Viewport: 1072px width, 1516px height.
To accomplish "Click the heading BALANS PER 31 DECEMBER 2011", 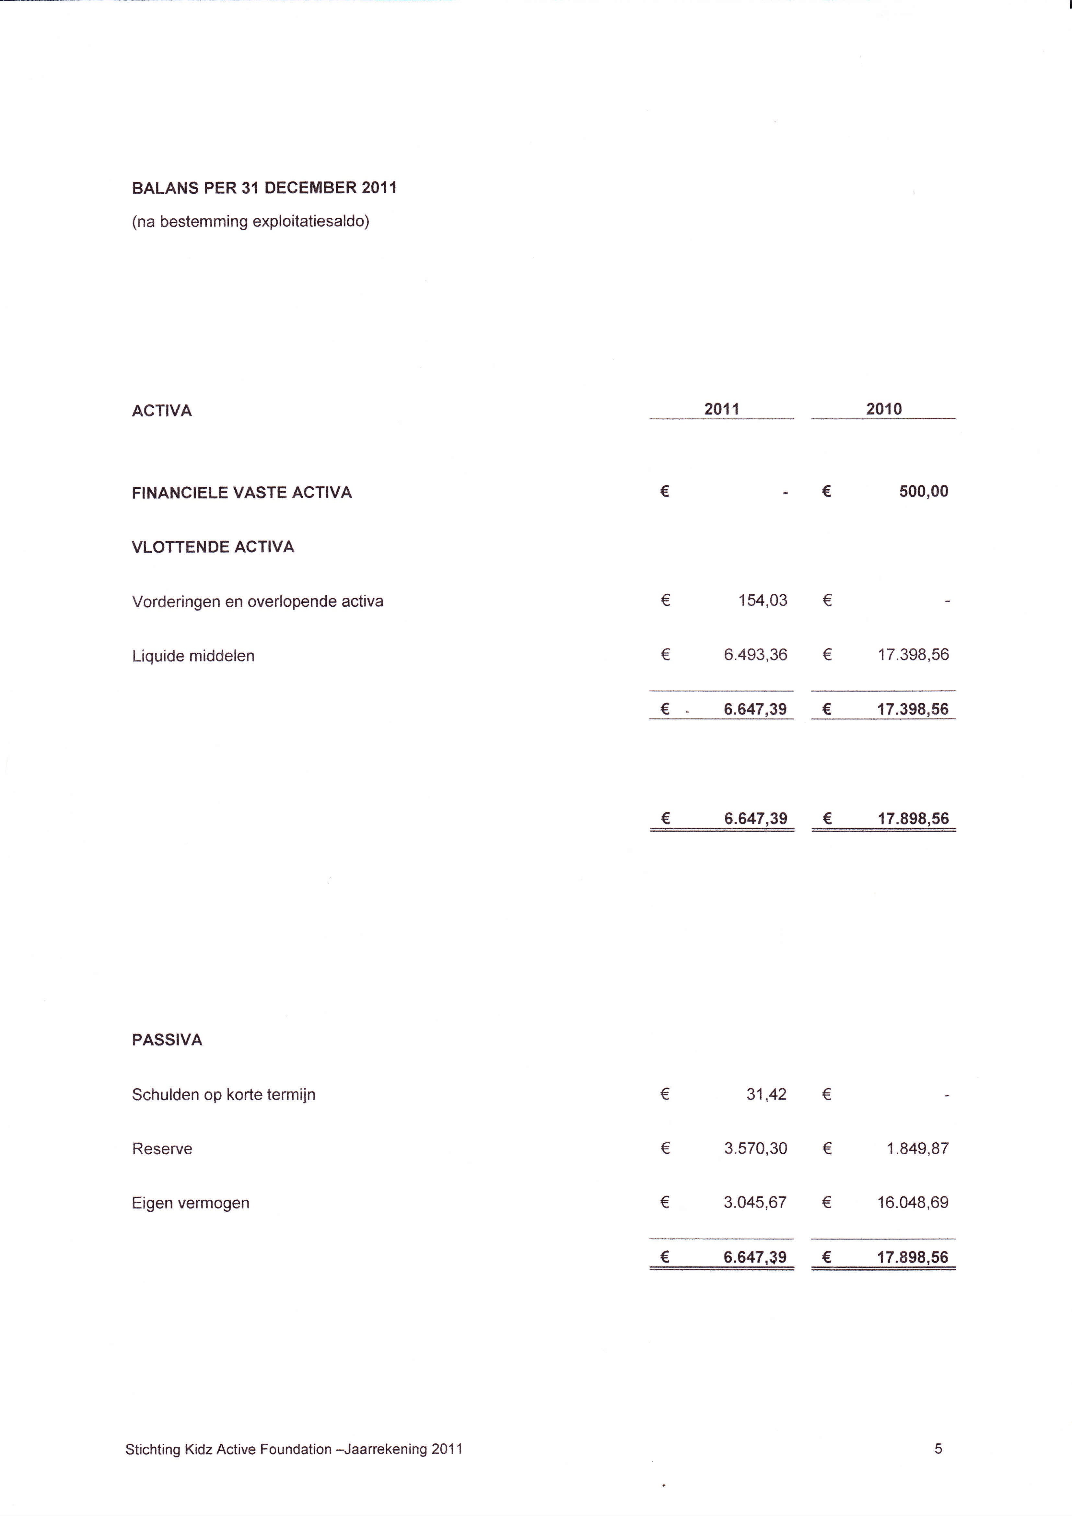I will coord(264,188).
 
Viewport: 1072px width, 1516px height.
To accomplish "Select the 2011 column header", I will coord(721,409).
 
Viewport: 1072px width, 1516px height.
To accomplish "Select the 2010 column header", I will coord(884,409).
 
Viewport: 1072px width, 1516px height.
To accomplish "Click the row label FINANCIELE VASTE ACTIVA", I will coord(242,493).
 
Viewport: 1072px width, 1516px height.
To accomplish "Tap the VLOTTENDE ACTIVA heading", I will coord(213,547).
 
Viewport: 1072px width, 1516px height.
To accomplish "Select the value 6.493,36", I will coord(755,655).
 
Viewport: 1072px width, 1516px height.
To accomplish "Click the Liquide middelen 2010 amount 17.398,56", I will coord(913,655).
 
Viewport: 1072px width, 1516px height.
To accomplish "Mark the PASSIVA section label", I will coord(167,1041).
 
